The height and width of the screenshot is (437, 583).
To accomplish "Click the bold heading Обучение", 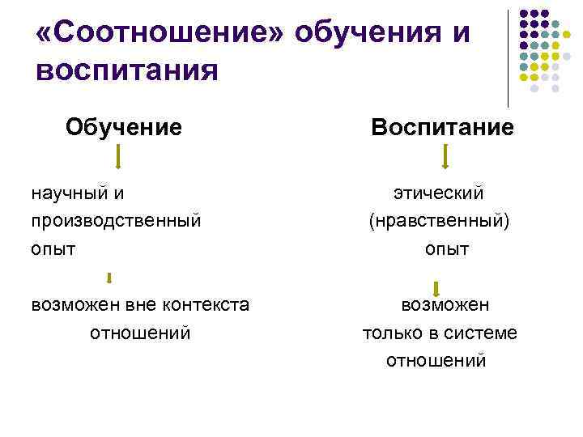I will point(124,126).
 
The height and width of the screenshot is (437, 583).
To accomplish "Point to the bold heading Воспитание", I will point(442,127).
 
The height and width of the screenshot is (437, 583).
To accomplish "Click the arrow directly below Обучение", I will point(118,156).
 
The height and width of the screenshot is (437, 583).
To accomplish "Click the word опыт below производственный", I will point(53,248).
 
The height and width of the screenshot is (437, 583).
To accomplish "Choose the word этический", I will point(439,193).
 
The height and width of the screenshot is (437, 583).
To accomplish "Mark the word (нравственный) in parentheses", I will point(439,220).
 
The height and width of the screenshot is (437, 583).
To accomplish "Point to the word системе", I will point(486,333).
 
